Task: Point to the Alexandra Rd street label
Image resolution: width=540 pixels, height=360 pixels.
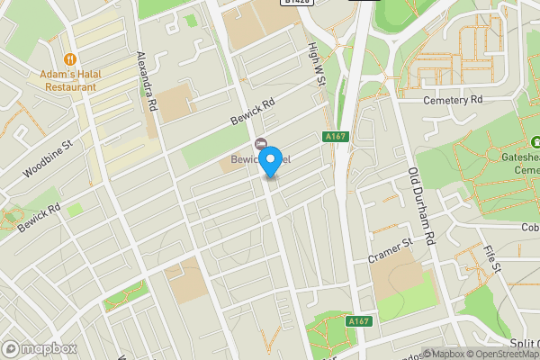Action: pos(147,82)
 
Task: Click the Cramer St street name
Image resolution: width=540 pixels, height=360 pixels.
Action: pos(390,251)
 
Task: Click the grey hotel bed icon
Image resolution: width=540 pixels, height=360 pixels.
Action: pos(261,145)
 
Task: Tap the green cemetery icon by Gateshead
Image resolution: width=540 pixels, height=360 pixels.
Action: pos(535,142)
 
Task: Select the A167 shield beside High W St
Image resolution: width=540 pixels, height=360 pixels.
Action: pos(335,136)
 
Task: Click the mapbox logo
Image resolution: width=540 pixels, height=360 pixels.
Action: pos(40,348)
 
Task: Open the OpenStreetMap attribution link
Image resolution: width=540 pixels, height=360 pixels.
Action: pos(503,354)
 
